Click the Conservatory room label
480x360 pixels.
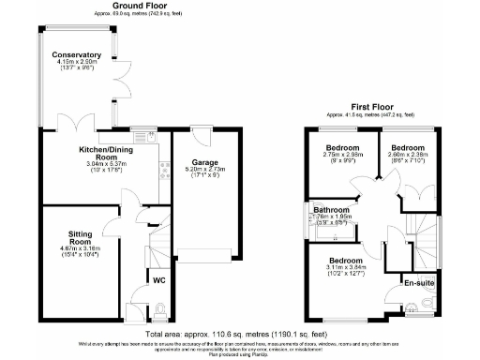pyautogui.click(x=76, y=54)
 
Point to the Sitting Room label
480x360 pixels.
pyautogui.click(x=85, y=238)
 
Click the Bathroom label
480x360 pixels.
pyautogui.click(x=331, y=210)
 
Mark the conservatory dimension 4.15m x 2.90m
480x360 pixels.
pyautogui.click(x=76, y=63)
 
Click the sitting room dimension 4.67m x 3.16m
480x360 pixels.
pyautogui.click(x=85, y=249)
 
